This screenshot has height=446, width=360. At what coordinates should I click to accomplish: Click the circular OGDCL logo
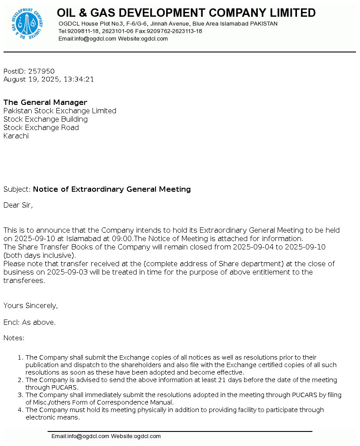pyautogui.click(x=27, y=25)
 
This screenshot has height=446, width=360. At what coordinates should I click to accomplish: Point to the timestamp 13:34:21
pyautogui.click(x=79, y=80)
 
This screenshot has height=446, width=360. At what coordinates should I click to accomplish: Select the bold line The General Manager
pyautogui.click(x=45, y=103)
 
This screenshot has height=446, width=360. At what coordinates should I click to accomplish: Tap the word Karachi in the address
pyautogui.click(x=16, y=136)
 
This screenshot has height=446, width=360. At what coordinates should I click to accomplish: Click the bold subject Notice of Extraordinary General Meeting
pyautogui.click(x=112, y=190)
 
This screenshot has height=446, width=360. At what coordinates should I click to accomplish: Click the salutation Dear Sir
pyautogui.click(x=18, y=205)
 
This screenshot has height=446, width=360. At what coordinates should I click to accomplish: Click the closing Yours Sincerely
pyautogui.click(x=30, y=306)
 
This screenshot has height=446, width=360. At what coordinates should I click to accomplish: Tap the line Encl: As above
pyautogui.click(x=30, y=323)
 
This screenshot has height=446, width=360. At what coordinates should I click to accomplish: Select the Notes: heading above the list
pyautogui.click(x=14, y=338)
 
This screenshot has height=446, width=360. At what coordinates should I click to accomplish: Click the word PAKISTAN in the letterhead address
pyautogui.click(x=264, y=24)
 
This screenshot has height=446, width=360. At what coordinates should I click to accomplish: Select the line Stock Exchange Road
pyautogui.click(x=41, y=128)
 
